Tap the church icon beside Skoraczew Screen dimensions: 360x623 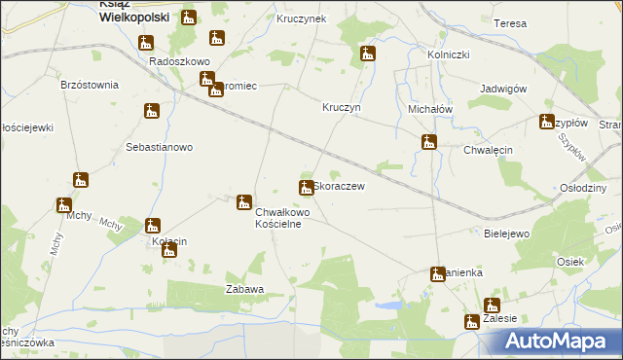[306, 187]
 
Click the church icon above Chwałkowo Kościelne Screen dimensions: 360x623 [244, 202]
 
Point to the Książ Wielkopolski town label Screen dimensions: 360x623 [134, 11]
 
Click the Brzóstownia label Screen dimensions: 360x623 [90, 85]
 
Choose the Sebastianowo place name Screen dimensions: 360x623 [160, 147]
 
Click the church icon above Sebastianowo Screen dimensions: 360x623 [151, 112]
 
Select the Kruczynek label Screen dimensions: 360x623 [302, 18]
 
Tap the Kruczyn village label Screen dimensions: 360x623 [342, 108]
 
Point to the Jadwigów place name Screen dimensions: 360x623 [503, 89]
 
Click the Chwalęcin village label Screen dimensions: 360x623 [488, 150]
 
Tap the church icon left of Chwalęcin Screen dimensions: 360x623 [429, 143]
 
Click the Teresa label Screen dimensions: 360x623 [510, 23]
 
